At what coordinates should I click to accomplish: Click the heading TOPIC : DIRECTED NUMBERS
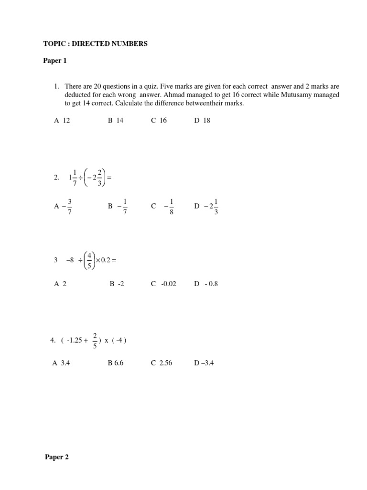pyautogui.click(x=95, y=44)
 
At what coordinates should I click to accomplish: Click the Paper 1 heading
pyautogui.click(x=55, y=61)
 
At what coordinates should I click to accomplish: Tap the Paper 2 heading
pyautogui.click(x=57, y=457)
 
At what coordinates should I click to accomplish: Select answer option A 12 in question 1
pyautogui.click(x=62, y=121)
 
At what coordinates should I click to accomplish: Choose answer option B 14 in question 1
pyautogui.click(x=116, y=121)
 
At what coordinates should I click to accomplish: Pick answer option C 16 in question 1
pyautogui.click(x=159, y=121)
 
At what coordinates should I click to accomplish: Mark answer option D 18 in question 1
pyautogui.click(x=202, y=121)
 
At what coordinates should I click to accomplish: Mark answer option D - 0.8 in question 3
pyautogui.click(x=206, y=284)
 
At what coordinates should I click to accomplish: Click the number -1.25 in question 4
pyautogui.click(x=75, y=341)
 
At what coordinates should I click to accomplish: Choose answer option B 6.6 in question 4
pyautogui.click(x=116, y=363)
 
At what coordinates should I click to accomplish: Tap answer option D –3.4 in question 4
pyautogui.click(x=204, y=363)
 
